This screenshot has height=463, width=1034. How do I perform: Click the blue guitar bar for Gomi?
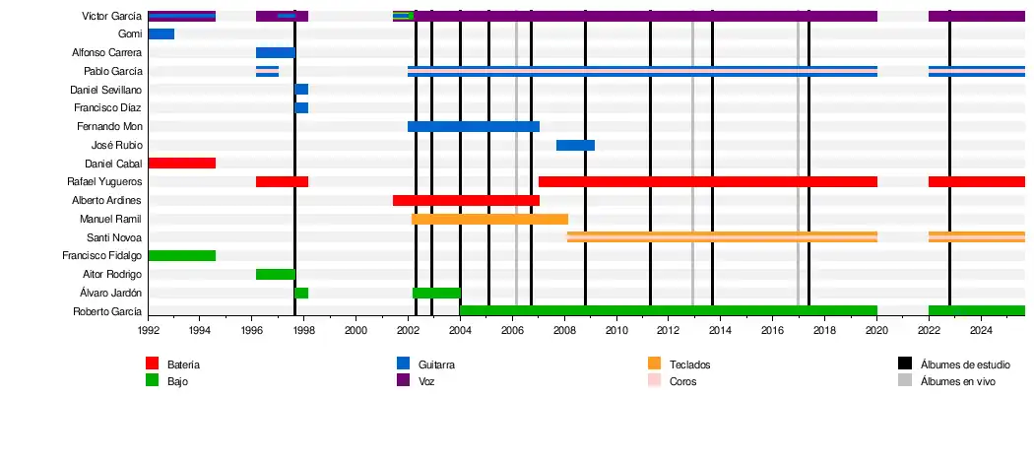coord(161,34)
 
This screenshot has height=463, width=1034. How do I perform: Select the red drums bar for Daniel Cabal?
coord(181,163)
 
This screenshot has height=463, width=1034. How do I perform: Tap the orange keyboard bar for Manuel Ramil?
coord(489,219)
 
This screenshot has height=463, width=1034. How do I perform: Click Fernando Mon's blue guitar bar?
coord(473,126)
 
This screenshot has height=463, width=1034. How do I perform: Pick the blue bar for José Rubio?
coord(575,145)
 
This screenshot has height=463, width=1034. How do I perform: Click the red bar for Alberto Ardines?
coord(465,200)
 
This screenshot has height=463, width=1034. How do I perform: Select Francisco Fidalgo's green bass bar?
coord(181,255)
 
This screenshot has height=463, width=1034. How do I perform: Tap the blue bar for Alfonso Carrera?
coord(275,52)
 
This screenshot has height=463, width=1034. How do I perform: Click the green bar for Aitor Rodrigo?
coord(275,274)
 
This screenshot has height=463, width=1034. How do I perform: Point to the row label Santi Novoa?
coord(114,237)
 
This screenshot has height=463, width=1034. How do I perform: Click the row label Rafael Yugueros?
coord(104,182)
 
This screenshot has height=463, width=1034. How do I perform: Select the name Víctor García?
coord(111,17)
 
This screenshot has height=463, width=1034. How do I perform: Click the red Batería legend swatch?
coord(152,364)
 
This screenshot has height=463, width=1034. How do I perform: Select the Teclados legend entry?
coord(689,364)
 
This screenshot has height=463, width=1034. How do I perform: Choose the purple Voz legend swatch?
coord(403,380)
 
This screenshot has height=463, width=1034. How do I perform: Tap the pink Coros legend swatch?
coord(654,380)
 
